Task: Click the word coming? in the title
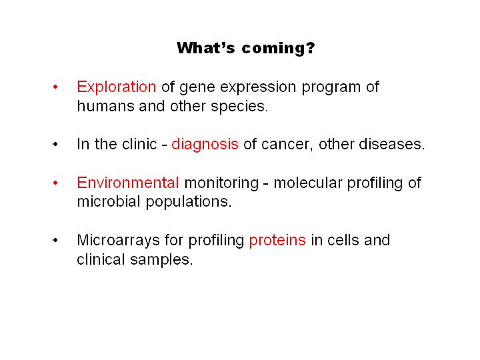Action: [x=278, y=49]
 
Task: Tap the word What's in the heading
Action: [x=206, y=48]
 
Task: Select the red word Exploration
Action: [x=116, y=87]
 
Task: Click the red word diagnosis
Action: [x=205, y=144]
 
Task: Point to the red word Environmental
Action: [x=128, y=183]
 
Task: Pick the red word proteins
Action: [x=277, y=240]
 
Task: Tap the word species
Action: [x=239, y=107]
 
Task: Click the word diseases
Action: [x=392, y=144]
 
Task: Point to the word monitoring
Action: [x=221, y=183]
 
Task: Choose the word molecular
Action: [x=307, y=183]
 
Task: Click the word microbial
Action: [x=109, y=202]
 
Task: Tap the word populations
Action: [x=189, y=203]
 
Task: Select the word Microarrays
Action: [x=118, y=240]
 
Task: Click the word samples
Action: [x=161, y=260]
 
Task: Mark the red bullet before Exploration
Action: [x=55, y=87]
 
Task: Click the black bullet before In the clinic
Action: [x=55, y=144]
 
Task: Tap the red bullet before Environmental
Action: [x=55, y=183]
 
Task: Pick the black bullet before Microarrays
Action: [x=55, y=240]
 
